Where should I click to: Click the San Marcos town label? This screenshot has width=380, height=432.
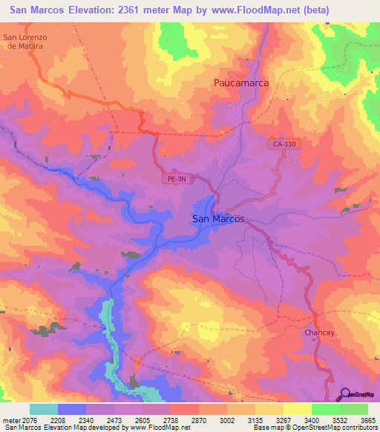pos(218,219)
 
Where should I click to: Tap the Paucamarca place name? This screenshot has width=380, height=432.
pos(240,83)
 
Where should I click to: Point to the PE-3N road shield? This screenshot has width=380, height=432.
pos(174,179)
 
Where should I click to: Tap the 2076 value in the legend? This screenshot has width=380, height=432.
pos(30,420)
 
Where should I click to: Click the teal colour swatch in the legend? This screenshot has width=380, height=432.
pos(43,409)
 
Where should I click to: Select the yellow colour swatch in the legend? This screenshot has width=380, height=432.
pos(297,409)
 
